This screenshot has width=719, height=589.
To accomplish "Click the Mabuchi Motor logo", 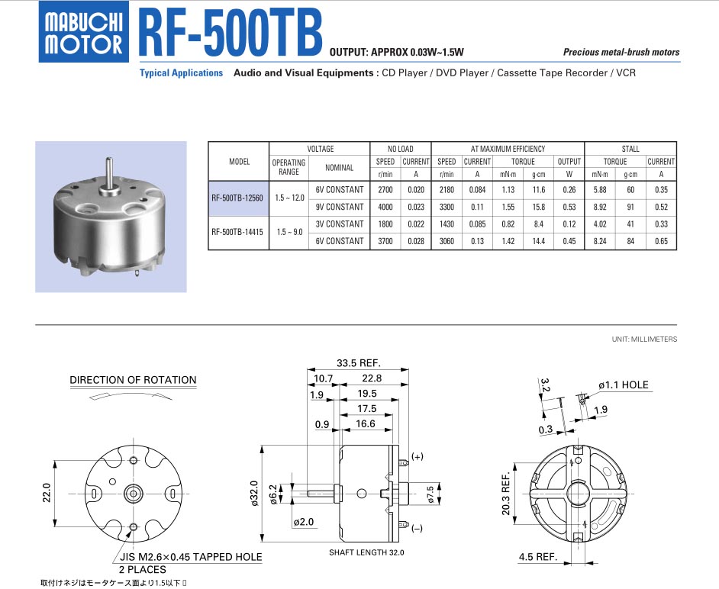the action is pyautogui.click(x=84, y=31).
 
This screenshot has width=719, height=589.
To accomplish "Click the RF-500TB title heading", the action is pyautogui.click(x=231, y=32).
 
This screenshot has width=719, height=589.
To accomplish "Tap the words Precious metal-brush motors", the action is pyautogui.click(x=621, y=52).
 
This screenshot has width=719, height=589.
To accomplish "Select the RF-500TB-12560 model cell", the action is pyautogui.click(x=237, y=198).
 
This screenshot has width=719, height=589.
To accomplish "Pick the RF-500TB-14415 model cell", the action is pyautogui.click(x=237, y=232).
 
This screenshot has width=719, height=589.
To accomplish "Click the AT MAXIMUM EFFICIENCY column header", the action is pyautogui.click(x=508, y=149).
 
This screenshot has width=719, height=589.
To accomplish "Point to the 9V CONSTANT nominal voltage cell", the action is pyautogui.click(x=340, y=207).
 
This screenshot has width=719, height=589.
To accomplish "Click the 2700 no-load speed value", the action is pyautogui.click(x=385, y=190).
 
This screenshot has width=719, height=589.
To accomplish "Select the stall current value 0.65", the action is pyautogui.click(x=661, y=241).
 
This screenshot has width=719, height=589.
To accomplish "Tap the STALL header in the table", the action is pyautogui.click(x=630, y=149).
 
